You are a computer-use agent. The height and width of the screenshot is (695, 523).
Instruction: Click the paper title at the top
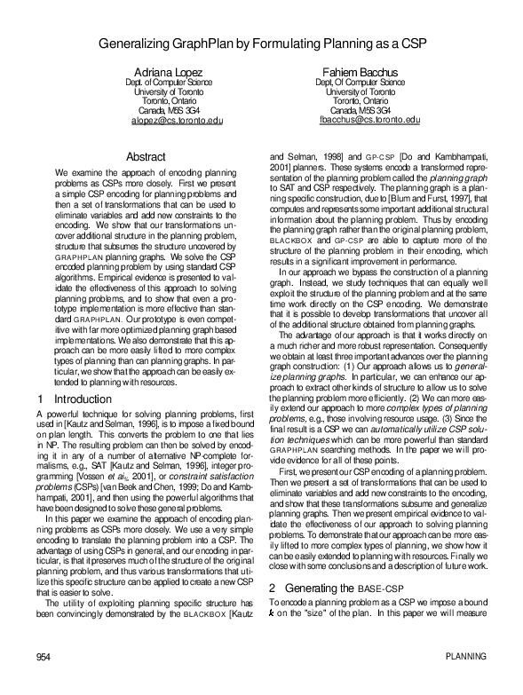pyautogui.click(x=260, y=42)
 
